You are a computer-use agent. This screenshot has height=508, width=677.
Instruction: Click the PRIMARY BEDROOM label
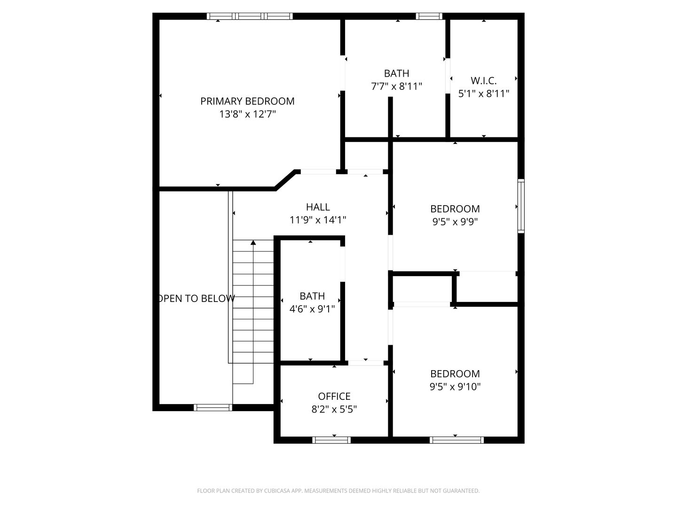[x=247, y=101]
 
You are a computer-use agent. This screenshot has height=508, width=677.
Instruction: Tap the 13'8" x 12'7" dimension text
[x=247, y=114]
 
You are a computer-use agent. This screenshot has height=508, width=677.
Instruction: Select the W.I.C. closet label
[x=484, y=81]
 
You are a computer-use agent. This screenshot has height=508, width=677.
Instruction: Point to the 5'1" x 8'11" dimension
[x=484, y=94]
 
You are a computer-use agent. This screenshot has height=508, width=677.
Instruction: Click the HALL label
[x=318, y=207]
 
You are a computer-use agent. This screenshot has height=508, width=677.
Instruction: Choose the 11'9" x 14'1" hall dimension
[x=318, y=220]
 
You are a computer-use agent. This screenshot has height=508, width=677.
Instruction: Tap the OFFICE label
[x=334, y=397]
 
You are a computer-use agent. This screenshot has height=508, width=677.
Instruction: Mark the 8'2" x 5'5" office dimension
[x=334, y=409]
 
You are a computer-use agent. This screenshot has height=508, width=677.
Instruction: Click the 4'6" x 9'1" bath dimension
[x=312, y=309]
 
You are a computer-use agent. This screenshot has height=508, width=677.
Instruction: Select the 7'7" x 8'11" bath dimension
[x=396, y=86]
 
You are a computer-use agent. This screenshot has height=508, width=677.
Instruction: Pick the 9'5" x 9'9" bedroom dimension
[x=455, y=222]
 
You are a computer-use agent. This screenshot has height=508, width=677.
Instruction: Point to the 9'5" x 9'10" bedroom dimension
[x=455, y=387]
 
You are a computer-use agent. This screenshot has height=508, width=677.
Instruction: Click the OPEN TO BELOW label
[x=197, y=298]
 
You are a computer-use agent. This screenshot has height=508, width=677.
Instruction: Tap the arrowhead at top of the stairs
[x=253, y=243]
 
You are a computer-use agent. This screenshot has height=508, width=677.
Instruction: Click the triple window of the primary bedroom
[x=250, y=16]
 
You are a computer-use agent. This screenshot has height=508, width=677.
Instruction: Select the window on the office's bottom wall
[x=331, y=440]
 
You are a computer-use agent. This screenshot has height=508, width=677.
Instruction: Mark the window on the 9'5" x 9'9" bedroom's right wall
[x=521, y=206]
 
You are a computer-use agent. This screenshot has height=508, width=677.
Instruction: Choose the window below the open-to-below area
[x=213, y=407]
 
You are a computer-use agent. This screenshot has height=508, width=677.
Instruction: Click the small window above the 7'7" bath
[x=429, y=16]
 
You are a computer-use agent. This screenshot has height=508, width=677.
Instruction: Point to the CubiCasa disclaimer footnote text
[x=338, y=491]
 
